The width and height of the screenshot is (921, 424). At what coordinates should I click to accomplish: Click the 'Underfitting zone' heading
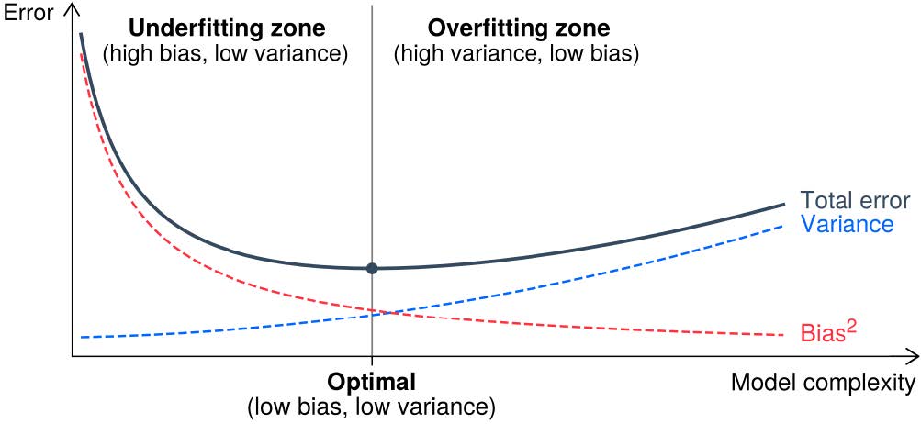point(226,27)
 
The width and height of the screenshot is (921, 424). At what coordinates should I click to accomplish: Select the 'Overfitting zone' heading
point(518,27)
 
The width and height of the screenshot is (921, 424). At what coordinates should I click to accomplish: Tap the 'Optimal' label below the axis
point(372,381)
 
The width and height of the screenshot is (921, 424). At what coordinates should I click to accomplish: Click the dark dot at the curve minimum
point(372,268)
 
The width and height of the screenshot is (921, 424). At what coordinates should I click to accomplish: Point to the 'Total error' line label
point(854,201)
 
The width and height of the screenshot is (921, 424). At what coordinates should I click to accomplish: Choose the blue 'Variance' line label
point(847,224)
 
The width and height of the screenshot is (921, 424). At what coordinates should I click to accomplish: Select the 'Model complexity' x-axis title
point(823,382)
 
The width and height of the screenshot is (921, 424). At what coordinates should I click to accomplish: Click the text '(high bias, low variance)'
point(226,53)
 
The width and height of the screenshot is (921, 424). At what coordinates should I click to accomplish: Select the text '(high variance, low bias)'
point(516,53)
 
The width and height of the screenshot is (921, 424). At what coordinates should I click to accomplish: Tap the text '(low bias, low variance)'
point(372,405)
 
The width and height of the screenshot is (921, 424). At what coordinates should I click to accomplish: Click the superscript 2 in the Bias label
point(852,325)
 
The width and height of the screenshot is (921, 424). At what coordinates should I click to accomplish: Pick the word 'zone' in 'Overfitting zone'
point(583,27)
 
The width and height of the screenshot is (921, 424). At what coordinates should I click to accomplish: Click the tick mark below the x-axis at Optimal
point(372,362)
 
